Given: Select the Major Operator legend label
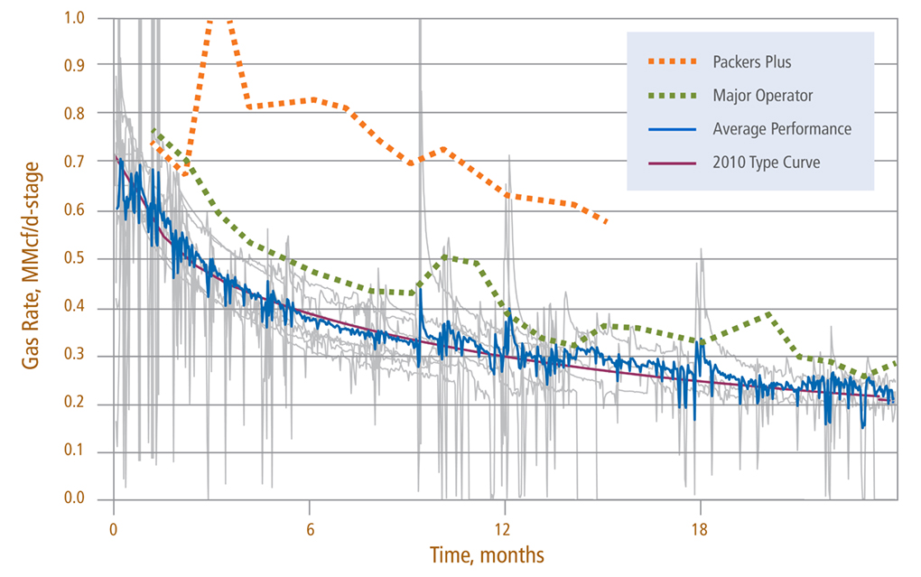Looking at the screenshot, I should point(762,96).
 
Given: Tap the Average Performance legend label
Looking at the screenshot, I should point(781,129).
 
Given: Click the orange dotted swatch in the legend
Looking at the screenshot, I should point(673,63).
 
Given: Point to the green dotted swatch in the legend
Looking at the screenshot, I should point(673,96).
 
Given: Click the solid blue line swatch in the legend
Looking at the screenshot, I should point(673,129).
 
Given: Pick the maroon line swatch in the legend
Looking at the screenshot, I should point(673,162).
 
